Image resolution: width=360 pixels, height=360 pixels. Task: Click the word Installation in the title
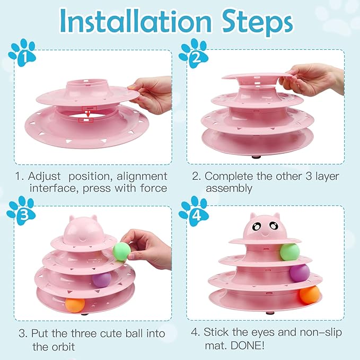(131, 22)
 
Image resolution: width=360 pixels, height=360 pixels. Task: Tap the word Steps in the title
(251, 22)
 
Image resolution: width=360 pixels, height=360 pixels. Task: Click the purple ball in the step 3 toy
(102, 279)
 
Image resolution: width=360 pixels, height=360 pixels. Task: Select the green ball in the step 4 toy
(289, 252)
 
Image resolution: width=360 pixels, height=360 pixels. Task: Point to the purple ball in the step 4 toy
(300, 274)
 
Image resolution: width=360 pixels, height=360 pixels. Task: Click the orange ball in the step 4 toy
(309, 295)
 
